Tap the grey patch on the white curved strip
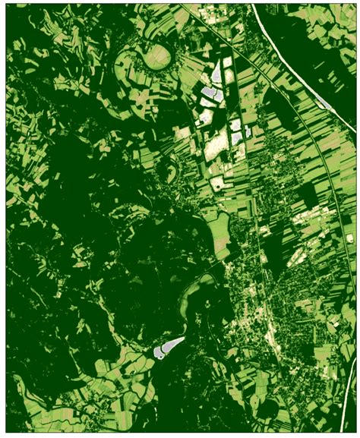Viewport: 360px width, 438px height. click(322, 102)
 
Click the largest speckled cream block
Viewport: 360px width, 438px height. click(219, 144)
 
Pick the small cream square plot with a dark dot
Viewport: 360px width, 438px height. click(218, 183)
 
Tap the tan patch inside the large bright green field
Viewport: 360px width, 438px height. click(222, 244)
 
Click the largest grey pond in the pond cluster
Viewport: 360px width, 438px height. click(210, 95)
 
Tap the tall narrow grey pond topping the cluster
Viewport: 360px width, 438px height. click(219, 71)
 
